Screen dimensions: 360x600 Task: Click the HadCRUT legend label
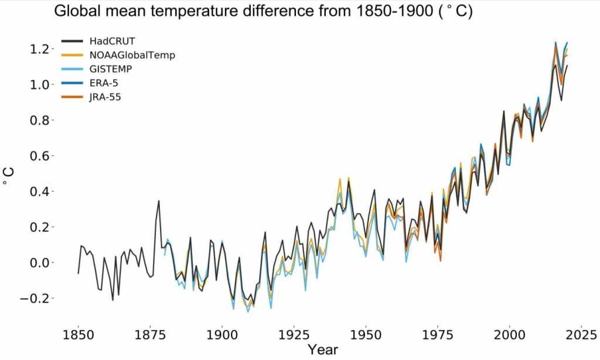click(112, 41)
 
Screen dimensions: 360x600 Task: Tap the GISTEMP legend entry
click(111, 69)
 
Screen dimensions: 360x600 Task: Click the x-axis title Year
click(322, 349)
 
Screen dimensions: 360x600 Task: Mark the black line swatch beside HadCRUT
click(73, 41)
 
